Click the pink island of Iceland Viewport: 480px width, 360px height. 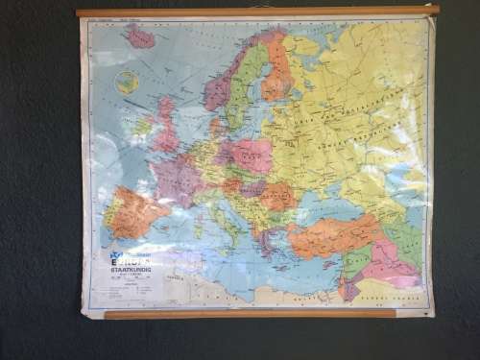coord(140,38)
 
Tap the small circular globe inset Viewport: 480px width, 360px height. coord(127,83)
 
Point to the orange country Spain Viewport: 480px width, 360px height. coord(134,213)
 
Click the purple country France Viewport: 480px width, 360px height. coord(175,177)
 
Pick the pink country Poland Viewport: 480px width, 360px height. coord(252,153)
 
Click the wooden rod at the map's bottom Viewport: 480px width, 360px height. coord(250,314)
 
